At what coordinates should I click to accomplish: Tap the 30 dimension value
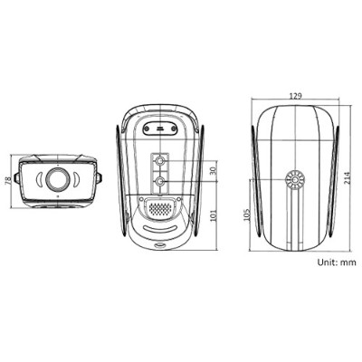(x=214, y=169)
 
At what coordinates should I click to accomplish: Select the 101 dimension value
(x=214, y=216)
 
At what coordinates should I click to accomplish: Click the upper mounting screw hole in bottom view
(x=160, y=161)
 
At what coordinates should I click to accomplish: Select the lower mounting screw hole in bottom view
(x=160, y=180)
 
